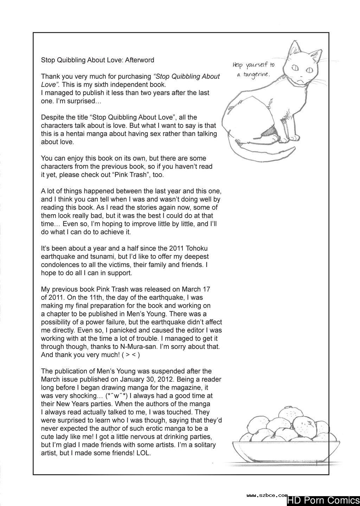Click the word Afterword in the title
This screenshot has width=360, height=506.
click(x=138, y=60)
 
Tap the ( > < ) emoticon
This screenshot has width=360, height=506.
click(x=129, y=355)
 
